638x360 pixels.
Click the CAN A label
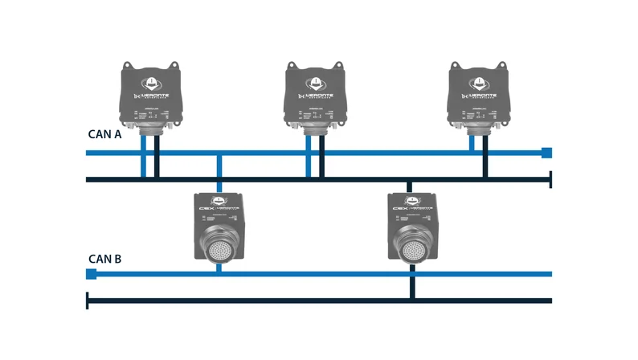(x=104, y=135)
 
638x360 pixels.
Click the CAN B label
(x=104, y=259)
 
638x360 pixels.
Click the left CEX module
(x=219, y=227)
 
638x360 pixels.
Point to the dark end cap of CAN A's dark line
(x=550, y=179)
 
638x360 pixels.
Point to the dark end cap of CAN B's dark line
(x=88, y=301)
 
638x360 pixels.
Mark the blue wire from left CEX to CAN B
(x=219, y=267)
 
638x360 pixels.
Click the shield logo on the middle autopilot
(x=315, y=82)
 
